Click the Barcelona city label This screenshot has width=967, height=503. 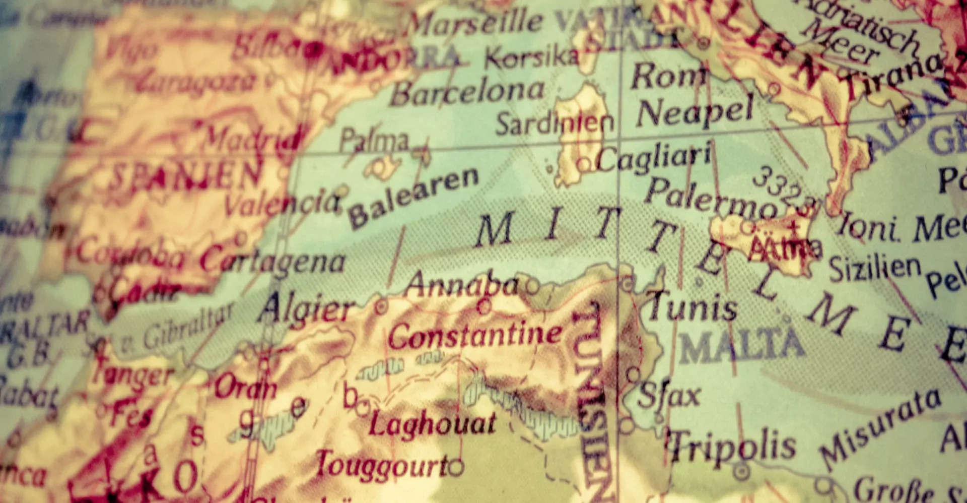tap(467, 92)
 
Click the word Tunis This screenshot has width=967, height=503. tap(693, 306)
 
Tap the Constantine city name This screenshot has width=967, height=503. tap(475, 335)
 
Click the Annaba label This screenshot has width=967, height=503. tap(462, 285)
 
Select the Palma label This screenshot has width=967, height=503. tap(374, 140)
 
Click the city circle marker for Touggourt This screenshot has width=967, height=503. tap(456, 468)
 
